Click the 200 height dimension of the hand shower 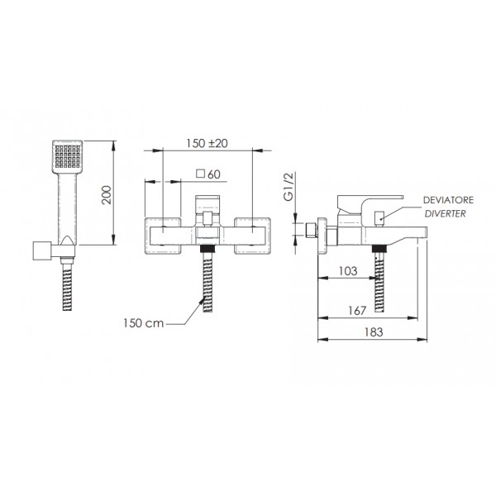point(107,195)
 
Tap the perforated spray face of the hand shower point(68,156)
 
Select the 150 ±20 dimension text point(207,143)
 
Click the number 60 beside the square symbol point(214,174)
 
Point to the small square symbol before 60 point(201,174)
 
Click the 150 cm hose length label point(144,323)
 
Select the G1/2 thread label point(289,187)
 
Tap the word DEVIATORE point(448,200)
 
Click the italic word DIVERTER point(446,214)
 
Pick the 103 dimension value point(348,271)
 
